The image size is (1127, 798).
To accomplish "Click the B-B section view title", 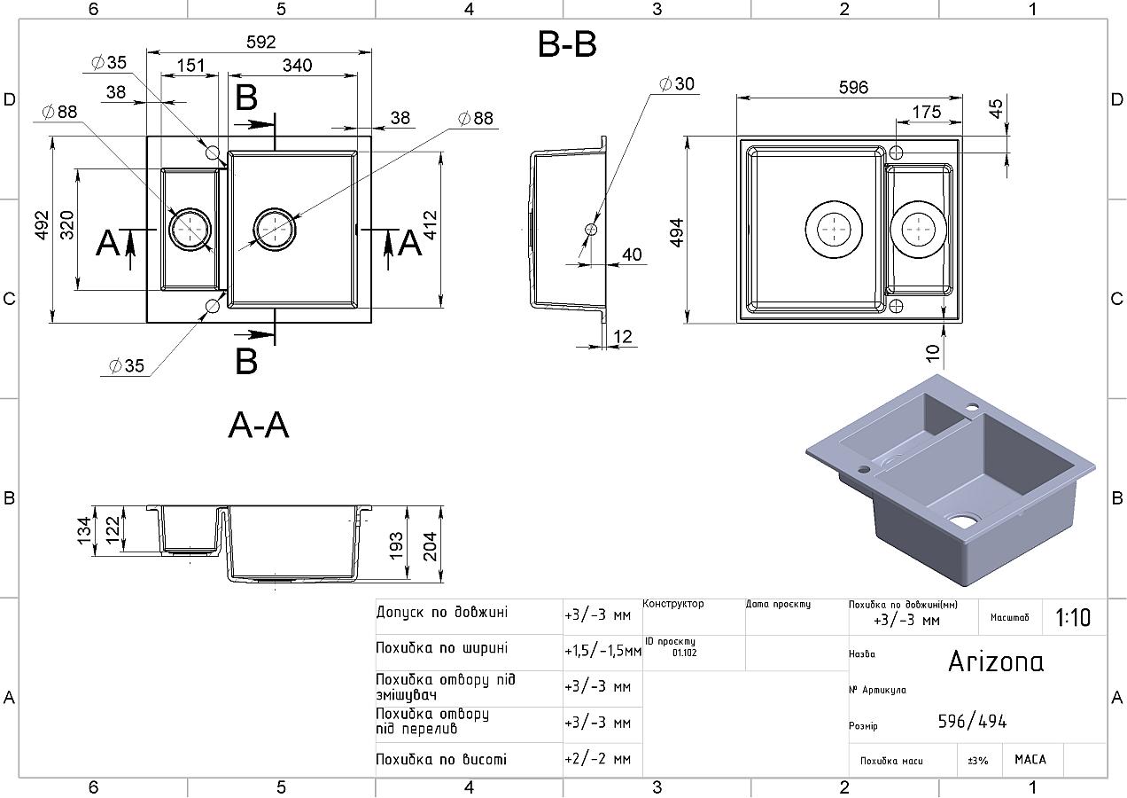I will [567, 44].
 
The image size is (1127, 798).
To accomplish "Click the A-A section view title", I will [259, 426].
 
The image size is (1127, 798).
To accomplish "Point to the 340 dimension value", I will [297, 66].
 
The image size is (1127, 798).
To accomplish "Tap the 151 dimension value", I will [190, 66].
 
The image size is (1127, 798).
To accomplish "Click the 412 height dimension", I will [430, 227].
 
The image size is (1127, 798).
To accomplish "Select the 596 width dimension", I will [852, 87].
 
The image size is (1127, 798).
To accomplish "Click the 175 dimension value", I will [926, 112].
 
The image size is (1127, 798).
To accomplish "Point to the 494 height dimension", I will [676, 232].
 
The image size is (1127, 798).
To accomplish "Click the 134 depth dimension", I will [85, 530].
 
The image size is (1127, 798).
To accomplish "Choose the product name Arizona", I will [996, 661].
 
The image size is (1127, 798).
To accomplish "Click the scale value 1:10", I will [1073, 617].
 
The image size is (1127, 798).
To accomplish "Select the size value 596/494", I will [972, 722].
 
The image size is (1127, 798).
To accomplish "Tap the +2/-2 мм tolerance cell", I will [597, 760].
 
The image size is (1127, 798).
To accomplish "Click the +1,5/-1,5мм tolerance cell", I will [602, 651].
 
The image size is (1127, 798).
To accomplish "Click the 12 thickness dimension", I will [623, 337].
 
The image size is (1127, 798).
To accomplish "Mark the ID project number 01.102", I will [684, 653].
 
